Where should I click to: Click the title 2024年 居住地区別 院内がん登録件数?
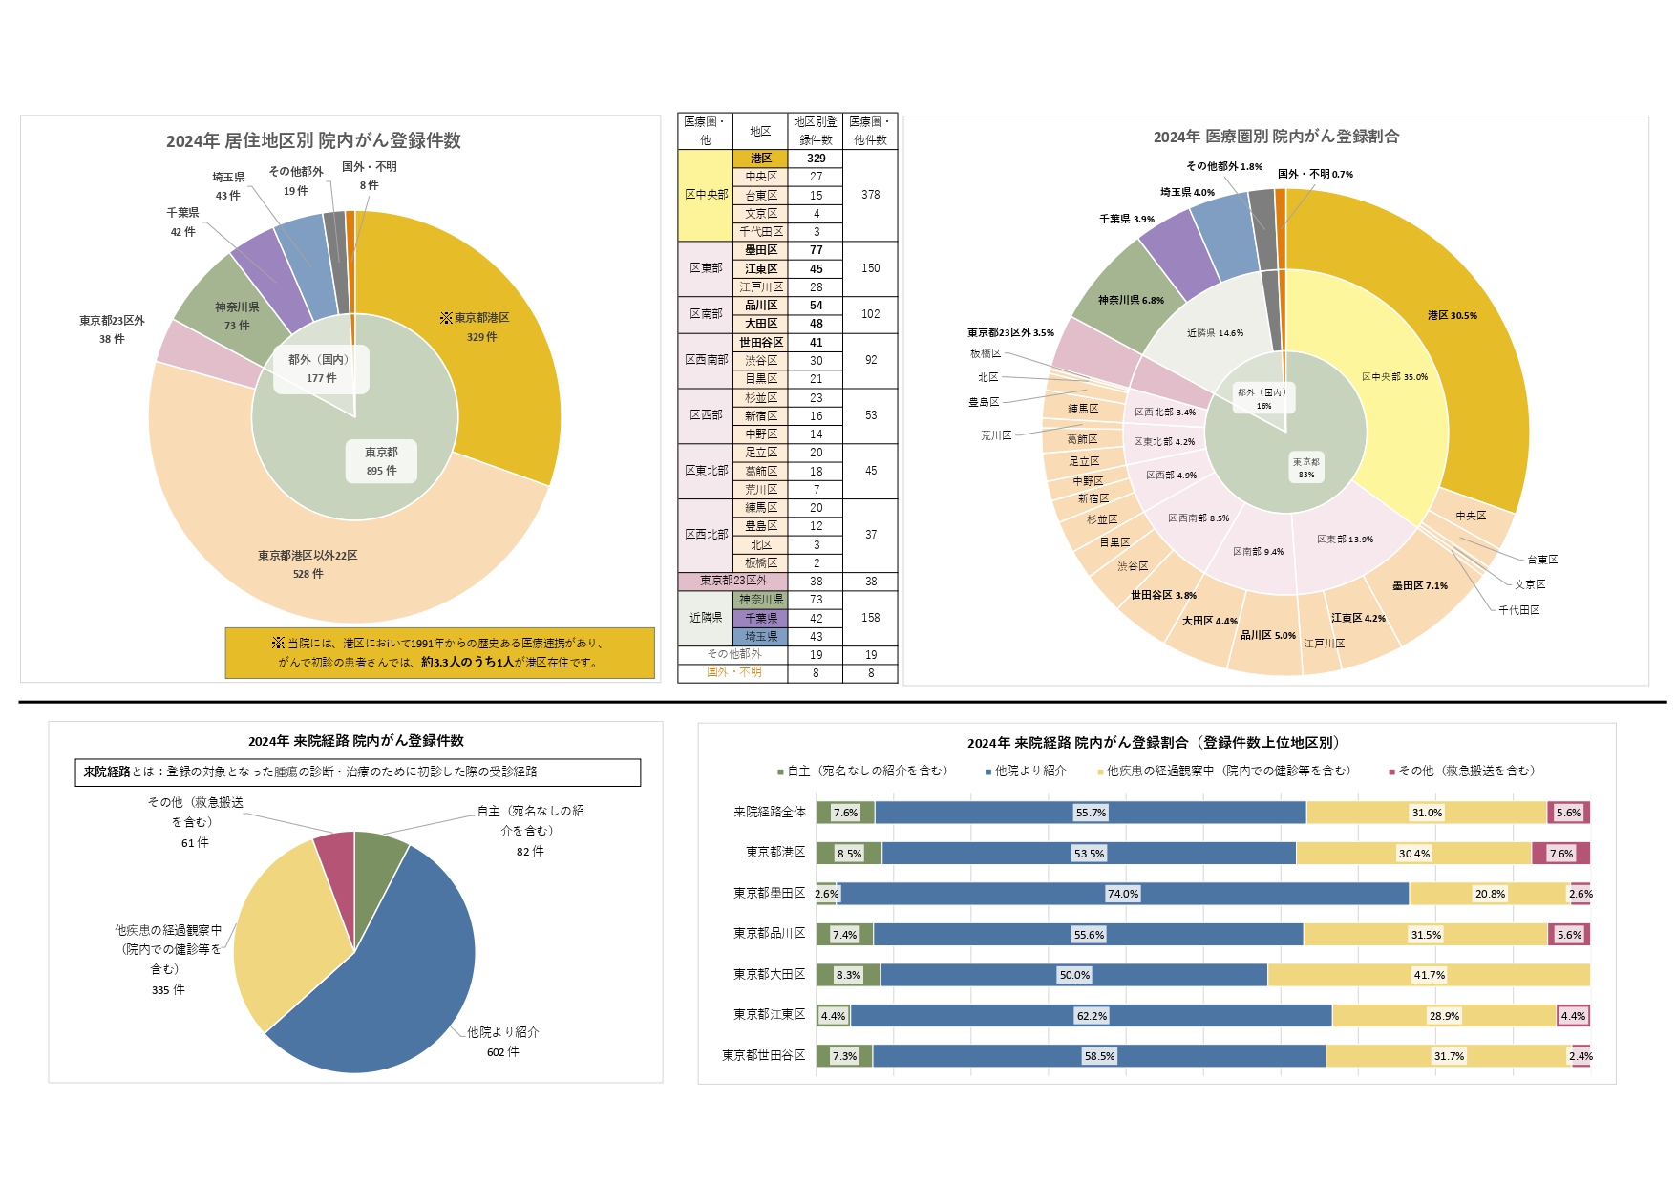click(313, 140)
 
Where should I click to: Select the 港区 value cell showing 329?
click(816, 159)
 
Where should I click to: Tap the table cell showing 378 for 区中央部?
click(870, 195)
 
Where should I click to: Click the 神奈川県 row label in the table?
click(760, 600)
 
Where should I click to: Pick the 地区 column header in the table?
click(760, 131)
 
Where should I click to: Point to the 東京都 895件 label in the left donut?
click(381, 461)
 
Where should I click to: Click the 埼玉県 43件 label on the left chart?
click(228, 186)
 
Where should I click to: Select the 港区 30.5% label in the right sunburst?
click(1452, 315)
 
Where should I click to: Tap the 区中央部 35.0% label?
click(1394, 377)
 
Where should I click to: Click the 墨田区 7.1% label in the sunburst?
click(1419, 585)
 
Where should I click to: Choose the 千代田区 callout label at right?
click(1518, 610)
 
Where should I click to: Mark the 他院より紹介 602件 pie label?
click(502, 1042)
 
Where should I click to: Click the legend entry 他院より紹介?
click(1029, 771)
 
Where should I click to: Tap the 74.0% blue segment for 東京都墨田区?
click(1123, 894)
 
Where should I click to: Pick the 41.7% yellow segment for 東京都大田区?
click(1429, 975)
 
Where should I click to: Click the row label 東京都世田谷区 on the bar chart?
click(763, 1055)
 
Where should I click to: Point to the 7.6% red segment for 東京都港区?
click(1560, 854)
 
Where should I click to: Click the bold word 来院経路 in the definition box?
click(106, 772)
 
